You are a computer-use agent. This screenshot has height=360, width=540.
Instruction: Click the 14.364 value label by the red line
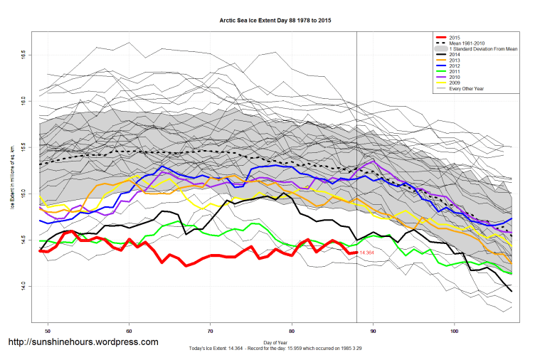[367, 253]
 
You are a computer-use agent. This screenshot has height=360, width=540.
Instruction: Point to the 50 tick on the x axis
[48, 331]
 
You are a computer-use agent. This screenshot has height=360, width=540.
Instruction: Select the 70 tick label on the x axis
[211, 331]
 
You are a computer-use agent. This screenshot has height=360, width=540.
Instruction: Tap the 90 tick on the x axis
[373, 331]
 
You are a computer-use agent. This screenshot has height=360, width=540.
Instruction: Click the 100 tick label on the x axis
[454, 331]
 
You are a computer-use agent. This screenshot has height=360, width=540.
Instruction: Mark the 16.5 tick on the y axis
[23, 54]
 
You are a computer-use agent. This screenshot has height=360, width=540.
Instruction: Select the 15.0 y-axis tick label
[23, 192]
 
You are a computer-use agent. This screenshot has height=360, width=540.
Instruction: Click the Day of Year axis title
[274, 342]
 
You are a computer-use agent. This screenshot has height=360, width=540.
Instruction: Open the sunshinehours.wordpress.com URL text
[83, 342]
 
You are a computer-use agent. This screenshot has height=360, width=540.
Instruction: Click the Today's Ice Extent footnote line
[274, 348]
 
